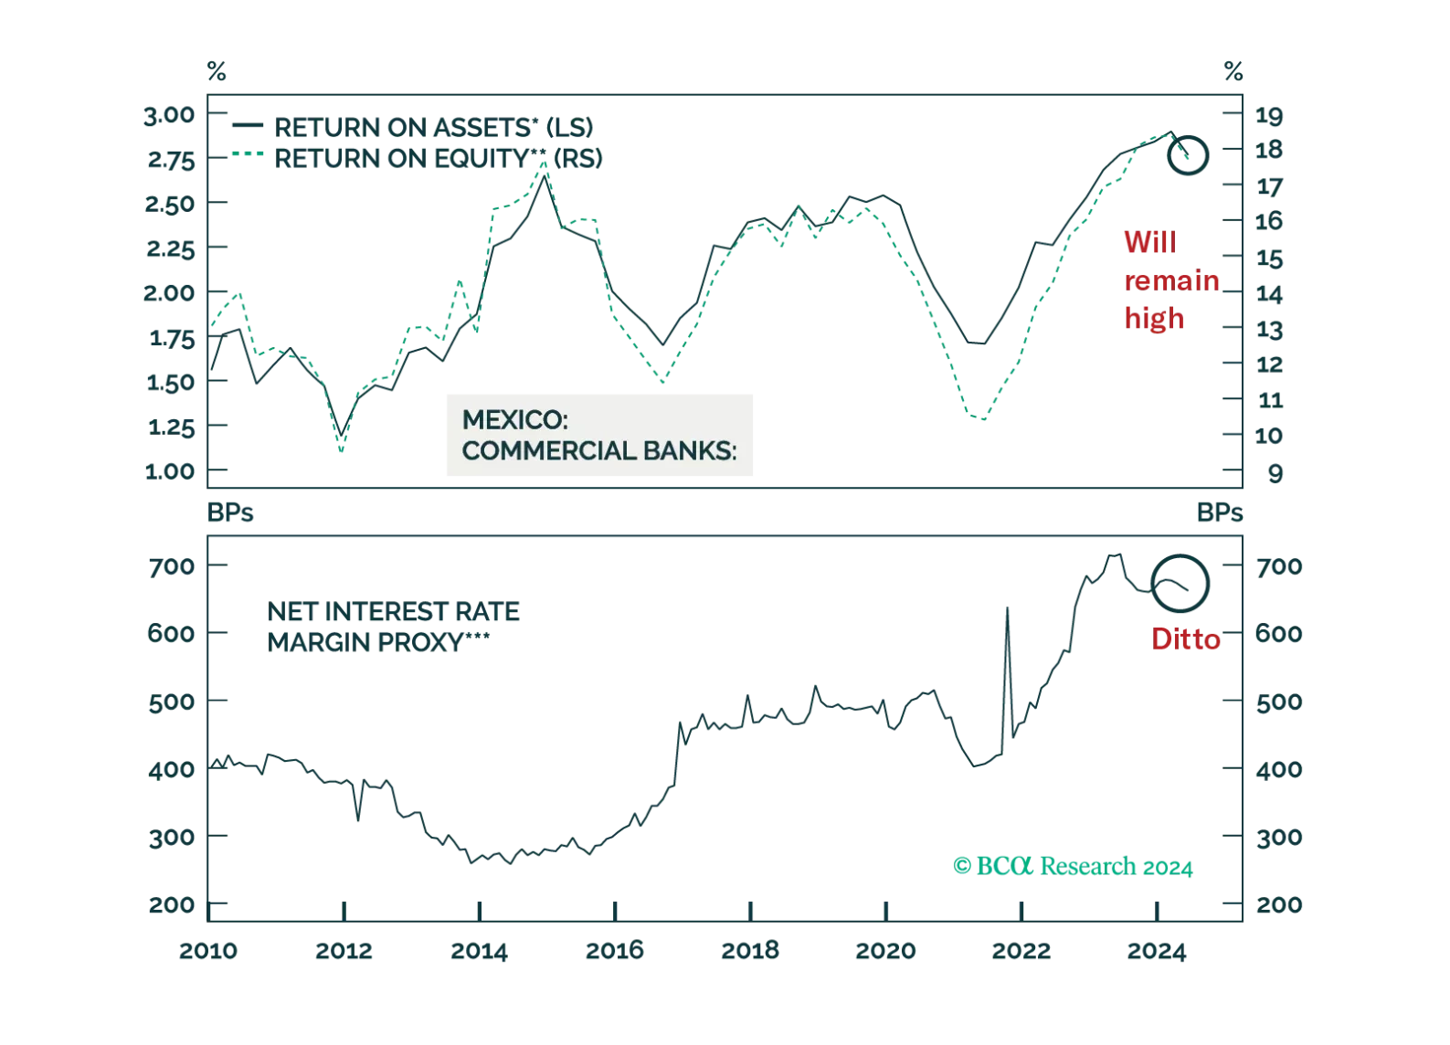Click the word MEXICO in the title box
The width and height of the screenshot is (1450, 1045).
click(x=514, y=419)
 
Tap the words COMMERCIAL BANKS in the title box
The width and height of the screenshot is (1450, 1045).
click(x=598, y=451)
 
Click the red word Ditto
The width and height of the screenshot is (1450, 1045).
click(x=1185, y=639)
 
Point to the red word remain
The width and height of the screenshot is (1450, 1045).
click(x=1171, y=280)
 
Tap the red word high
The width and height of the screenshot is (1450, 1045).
click(x=1154, y=317)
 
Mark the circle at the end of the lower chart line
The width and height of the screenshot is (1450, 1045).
click(x=1180, y=583)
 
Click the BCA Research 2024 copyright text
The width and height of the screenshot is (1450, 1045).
click(x=1074, y=866)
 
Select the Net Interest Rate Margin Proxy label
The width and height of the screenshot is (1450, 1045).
click(x=393, y=628)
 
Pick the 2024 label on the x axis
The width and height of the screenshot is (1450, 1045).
click(x=1158, y=953)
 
